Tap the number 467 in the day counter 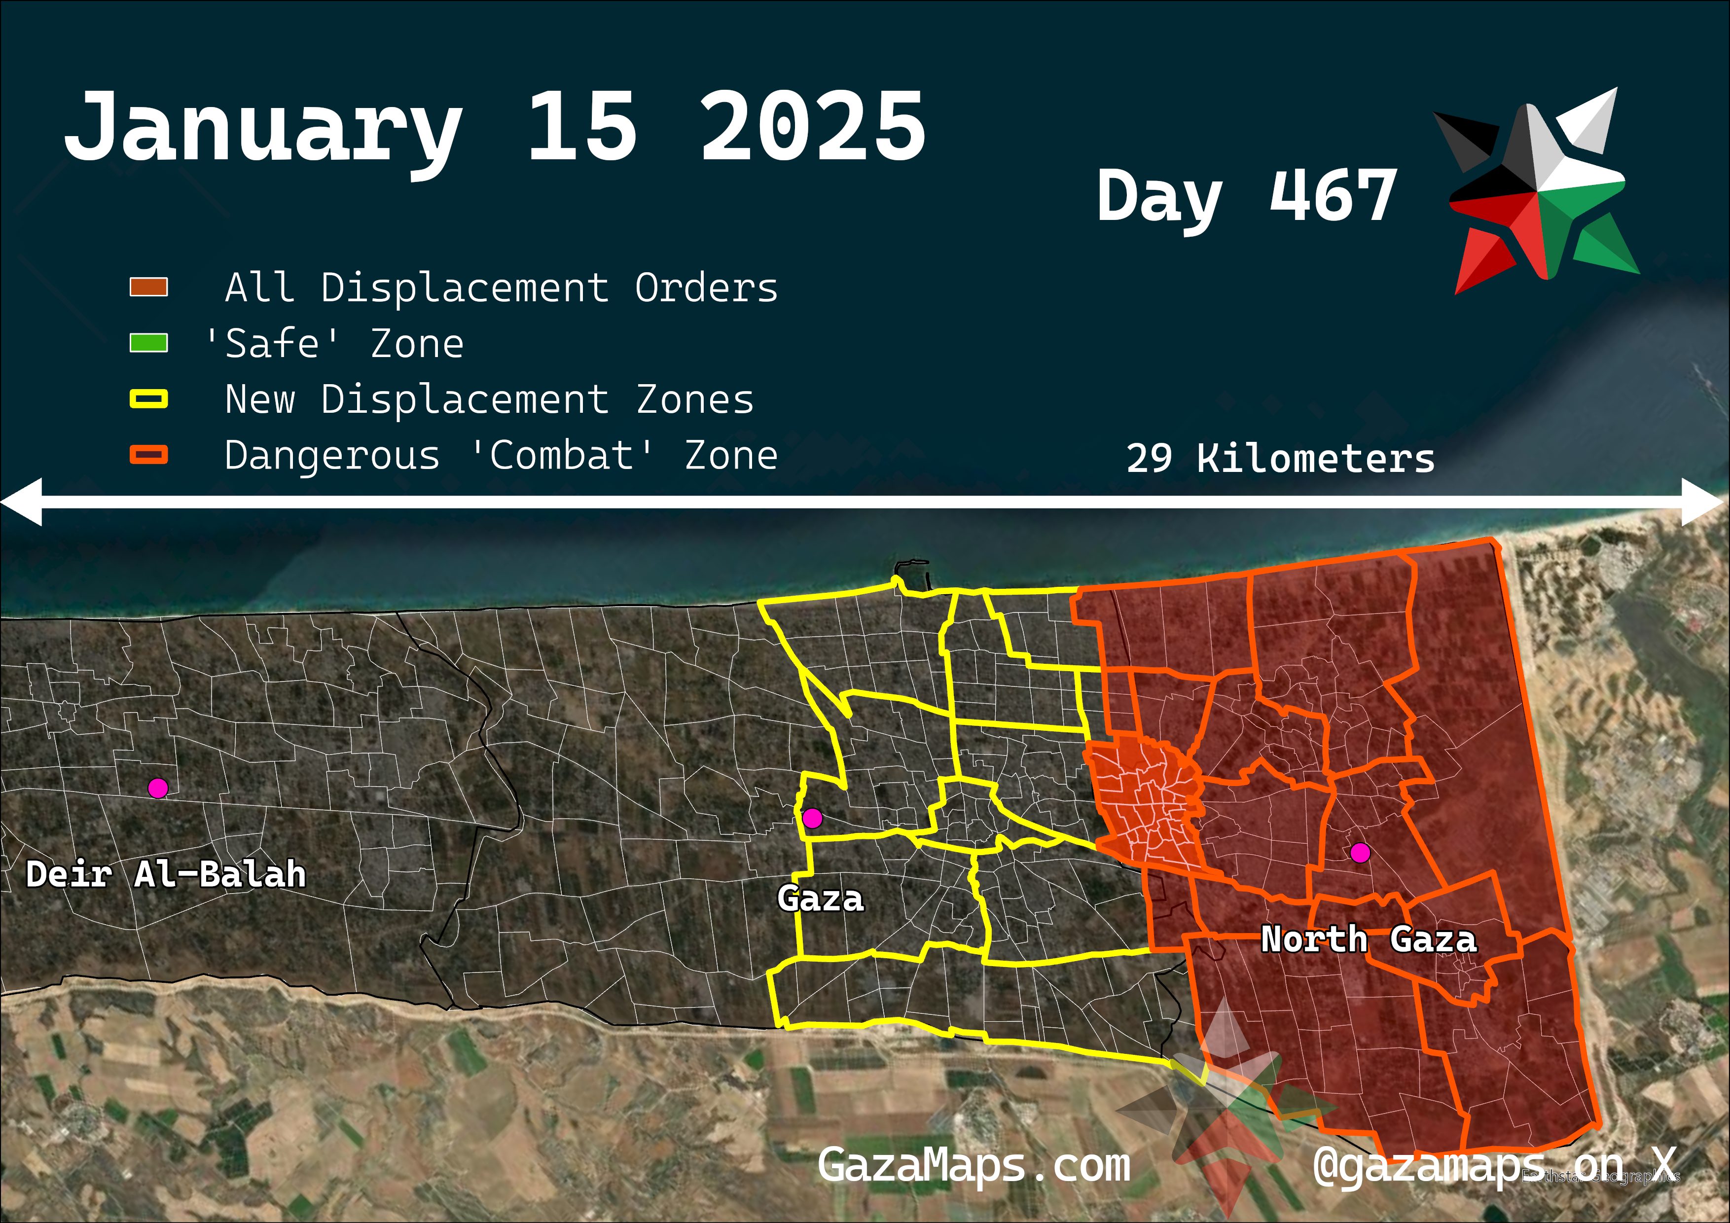[1333, 196]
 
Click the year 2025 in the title [812, 127]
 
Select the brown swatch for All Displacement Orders [148, 287]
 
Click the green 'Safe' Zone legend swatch [148, 343]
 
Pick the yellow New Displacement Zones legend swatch [148, 398]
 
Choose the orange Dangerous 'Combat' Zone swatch [148, 454]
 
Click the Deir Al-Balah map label [166, 874]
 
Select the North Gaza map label [1369, 939]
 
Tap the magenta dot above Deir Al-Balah [157, 788]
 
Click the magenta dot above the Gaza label [812, 818]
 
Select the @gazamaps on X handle [1495, 1166]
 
